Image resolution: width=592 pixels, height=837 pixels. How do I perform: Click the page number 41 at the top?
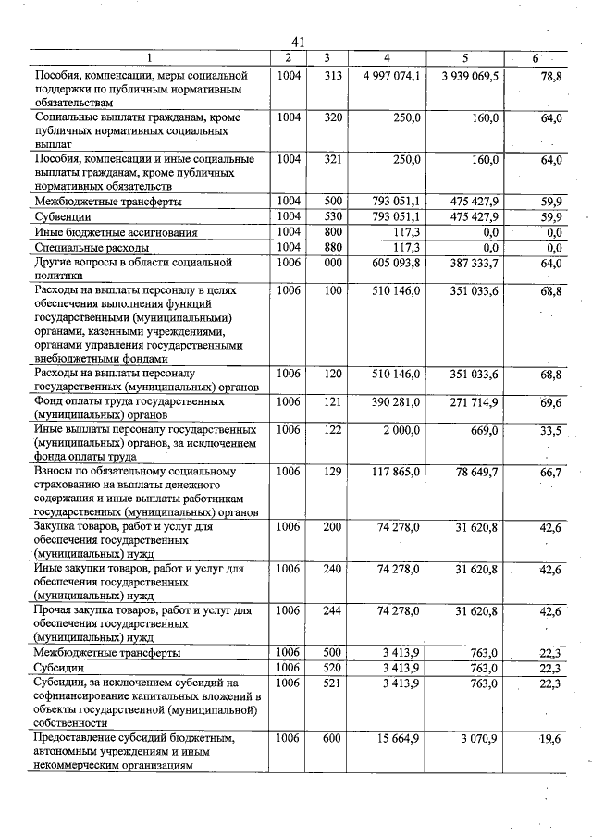click(x=297, y=43)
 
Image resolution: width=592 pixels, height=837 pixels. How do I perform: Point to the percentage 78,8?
click(x=551, y=76)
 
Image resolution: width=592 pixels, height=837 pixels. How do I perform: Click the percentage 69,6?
click(x=551, y=402)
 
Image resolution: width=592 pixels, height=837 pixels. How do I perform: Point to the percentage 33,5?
click(x=551, y=430)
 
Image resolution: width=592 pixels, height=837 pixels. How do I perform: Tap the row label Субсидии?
click(x=59, y=667)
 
